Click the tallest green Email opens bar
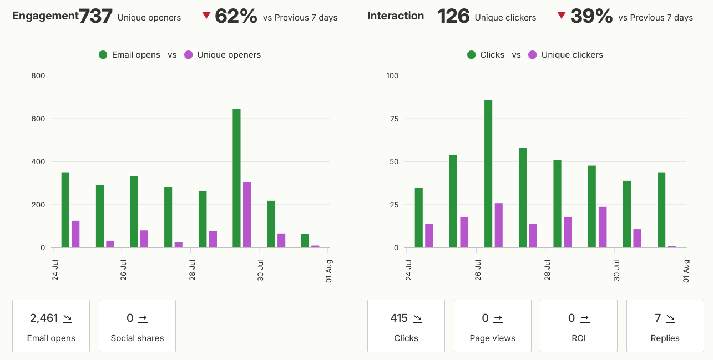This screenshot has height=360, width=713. pos(236,178)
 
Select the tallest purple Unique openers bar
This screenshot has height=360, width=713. pos(247,215)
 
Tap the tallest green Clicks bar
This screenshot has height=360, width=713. pos(488,174)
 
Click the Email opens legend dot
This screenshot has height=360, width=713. pos(103,55)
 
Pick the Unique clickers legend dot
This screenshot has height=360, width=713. pos(533,55)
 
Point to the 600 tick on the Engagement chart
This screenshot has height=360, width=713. pos(38,119)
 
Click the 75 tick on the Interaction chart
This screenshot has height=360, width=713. pos(394,119)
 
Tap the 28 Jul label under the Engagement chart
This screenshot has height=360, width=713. pos(192,270)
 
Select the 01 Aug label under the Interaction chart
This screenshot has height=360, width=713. pos(686,271)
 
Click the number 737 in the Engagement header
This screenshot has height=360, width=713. pos(95,16)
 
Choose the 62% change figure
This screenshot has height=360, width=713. pos(236,16)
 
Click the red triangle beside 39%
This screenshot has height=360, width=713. pos(562,15)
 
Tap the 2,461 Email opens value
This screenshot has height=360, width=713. pos(44,318)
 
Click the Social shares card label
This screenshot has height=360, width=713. pos(137,338)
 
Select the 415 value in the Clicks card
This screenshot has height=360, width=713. pos(399,318)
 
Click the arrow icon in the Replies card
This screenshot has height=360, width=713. pos(671,318)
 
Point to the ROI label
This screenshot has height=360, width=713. pos(579,338)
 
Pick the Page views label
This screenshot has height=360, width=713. pos(492,338)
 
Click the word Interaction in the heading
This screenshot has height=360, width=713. pos(396,16)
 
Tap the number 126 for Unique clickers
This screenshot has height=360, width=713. pos(453,16)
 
